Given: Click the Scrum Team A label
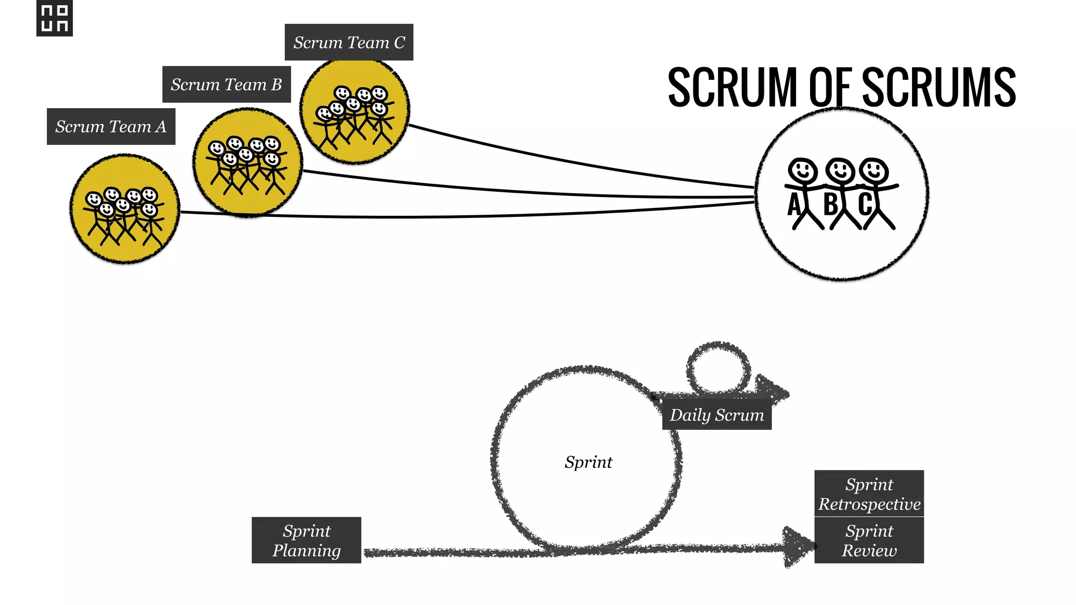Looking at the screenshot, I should click(x=111, y=127).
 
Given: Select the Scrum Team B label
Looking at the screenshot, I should click(x=226, y=85).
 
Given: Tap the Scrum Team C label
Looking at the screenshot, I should click(x=349, y=43).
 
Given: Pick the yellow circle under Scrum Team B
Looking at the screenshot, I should click(x=247, y=162).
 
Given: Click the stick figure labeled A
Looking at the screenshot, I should click(x=802, y=192).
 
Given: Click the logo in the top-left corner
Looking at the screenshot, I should click(x=55, y=18).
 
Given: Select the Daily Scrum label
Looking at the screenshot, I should click(x=717, y=415).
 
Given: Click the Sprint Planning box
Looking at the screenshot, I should click(x=306, y=540).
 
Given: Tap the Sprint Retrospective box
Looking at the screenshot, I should click(x=869, y=494).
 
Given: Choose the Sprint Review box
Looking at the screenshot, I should click(x=869, y=540).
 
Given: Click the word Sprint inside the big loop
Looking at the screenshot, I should click(x=588, y=462).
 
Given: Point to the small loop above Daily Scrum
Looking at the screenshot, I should click(x=718, y=368).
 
